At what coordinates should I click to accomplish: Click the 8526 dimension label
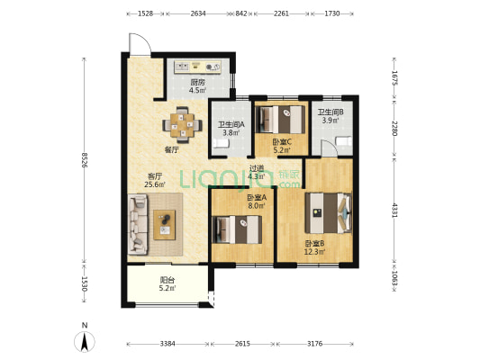pos(85,159)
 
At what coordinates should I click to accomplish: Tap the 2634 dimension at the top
pos(198,13)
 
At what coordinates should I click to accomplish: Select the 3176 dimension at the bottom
pos(315,344)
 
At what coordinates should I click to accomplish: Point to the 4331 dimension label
pos(394,210)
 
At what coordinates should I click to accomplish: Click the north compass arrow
pos(85,341)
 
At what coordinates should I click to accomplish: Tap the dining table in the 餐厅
pos(183,125)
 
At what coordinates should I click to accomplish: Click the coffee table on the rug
pos(165,225)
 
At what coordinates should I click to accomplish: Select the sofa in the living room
pos(138,224)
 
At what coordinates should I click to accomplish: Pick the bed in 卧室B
pos(328,212)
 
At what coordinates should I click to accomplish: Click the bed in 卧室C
pos(280,120)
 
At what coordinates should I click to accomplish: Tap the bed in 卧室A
pos(237,229)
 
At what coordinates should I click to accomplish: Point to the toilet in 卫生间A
pos(222,143)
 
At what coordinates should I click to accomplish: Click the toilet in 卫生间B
pos(344,141)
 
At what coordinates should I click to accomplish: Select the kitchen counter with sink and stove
pos(198,67)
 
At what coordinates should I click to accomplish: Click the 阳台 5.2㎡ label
pos(168,283)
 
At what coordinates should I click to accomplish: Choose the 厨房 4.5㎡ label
pos(197,86)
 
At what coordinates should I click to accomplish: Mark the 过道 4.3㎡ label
pos(257,172)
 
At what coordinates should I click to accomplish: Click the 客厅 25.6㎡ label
pos(155,180)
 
